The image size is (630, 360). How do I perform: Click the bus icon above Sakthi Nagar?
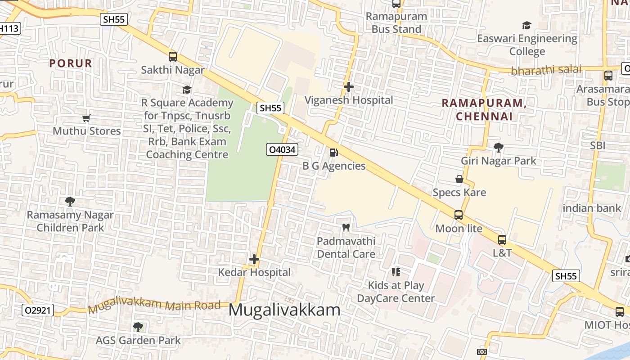173,57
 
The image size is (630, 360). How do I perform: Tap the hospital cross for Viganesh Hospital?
349,86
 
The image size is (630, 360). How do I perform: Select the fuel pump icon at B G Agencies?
333,153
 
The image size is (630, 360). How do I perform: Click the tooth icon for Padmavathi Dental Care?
346,227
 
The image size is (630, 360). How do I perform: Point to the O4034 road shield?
282,149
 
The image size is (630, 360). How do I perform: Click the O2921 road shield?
38,310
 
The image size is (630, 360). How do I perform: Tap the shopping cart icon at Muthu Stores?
86,118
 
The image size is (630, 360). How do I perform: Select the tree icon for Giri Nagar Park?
498,147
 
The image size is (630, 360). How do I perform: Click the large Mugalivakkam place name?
284,310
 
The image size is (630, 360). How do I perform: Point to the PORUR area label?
71,63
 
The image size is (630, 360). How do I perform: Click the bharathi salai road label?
546,70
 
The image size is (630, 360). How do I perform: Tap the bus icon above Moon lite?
459,215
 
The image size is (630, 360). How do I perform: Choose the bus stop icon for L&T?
502,240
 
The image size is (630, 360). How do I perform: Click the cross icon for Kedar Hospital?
254,259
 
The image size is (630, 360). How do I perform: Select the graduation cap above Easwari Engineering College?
526,25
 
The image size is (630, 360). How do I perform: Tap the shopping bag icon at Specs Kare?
459,179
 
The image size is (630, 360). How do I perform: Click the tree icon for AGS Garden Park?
138,327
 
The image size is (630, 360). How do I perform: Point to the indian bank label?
591,208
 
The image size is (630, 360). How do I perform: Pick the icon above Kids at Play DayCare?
396,272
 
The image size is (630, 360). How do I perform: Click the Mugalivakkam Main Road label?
154,305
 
